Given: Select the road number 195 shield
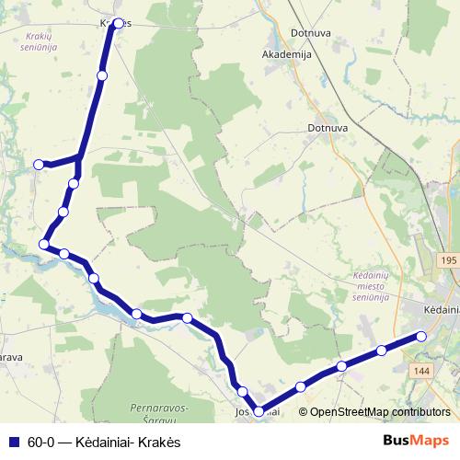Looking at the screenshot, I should pyautogui.click(x=448, y=261).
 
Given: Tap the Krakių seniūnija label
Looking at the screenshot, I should pyautogui.click(x=36, y=40).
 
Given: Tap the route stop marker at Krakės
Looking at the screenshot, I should pyautogui.click(x=117, y=24).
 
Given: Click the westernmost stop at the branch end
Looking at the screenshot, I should pyautogui.click(x=39, y=165).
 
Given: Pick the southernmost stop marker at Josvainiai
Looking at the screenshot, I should pyautogui.click(x=259, y=411).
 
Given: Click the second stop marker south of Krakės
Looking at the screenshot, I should pyautogui.click(x=74, y=184).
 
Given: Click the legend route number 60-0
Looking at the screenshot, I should pyautogui.click(x=41, y=441).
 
